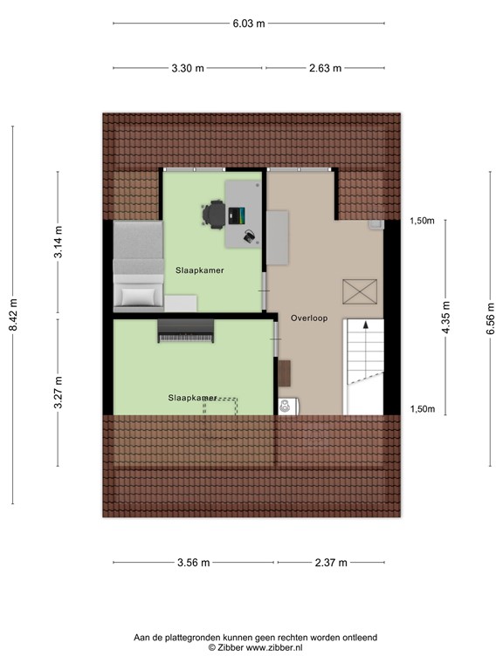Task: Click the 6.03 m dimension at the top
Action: pos(248,24)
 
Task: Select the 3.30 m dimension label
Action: pos(187,68)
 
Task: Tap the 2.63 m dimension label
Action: pos(324,68)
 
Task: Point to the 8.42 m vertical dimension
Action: pos(12,315)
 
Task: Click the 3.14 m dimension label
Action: pos(58,242)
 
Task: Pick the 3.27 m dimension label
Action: pos(58,392)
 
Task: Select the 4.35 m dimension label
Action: pos(446,315)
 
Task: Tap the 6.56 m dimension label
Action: pos(490,315)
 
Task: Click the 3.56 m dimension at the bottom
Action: pos(192,563)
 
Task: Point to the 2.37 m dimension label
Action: pos(330,563)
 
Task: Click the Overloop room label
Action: pos(310,318)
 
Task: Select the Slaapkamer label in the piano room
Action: pos(192,398)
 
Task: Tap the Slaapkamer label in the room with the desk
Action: pos(199,270)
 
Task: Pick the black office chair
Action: pos(213,214)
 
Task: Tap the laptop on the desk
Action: pos(236,215)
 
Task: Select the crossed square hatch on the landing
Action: pos(356,291)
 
